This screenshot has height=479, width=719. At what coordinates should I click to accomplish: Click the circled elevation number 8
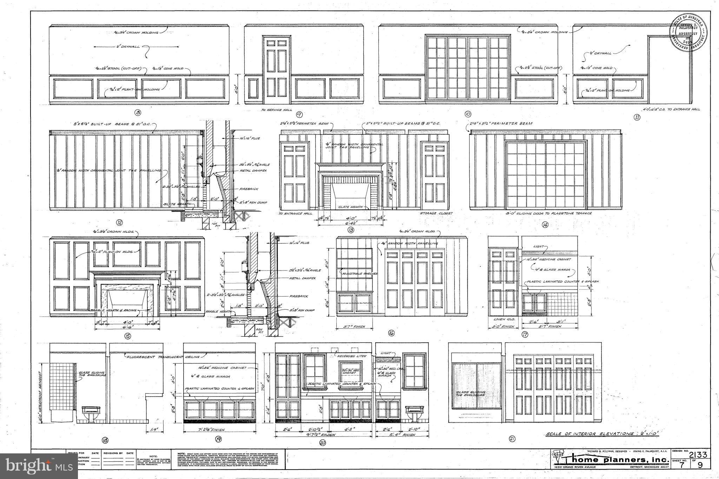click(x=138, y=113)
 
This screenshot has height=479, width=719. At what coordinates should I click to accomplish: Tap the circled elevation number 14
click(x=545, y=225)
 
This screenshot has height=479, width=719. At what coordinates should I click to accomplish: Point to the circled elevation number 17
click(x=525, y=334)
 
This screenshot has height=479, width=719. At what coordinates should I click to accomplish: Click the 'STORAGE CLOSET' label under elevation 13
click(x=436, y=213)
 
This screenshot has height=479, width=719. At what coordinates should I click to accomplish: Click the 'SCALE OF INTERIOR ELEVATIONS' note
click(x=602, y=434)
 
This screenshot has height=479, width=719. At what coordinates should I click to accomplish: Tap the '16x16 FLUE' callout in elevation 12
click(x=250, y=138)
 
